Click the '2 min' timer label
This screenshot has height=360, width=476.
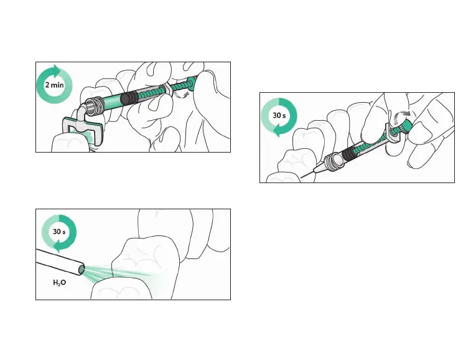(54, 85)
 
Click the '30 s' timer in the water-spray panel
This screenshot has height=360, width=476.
(59, 232)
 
